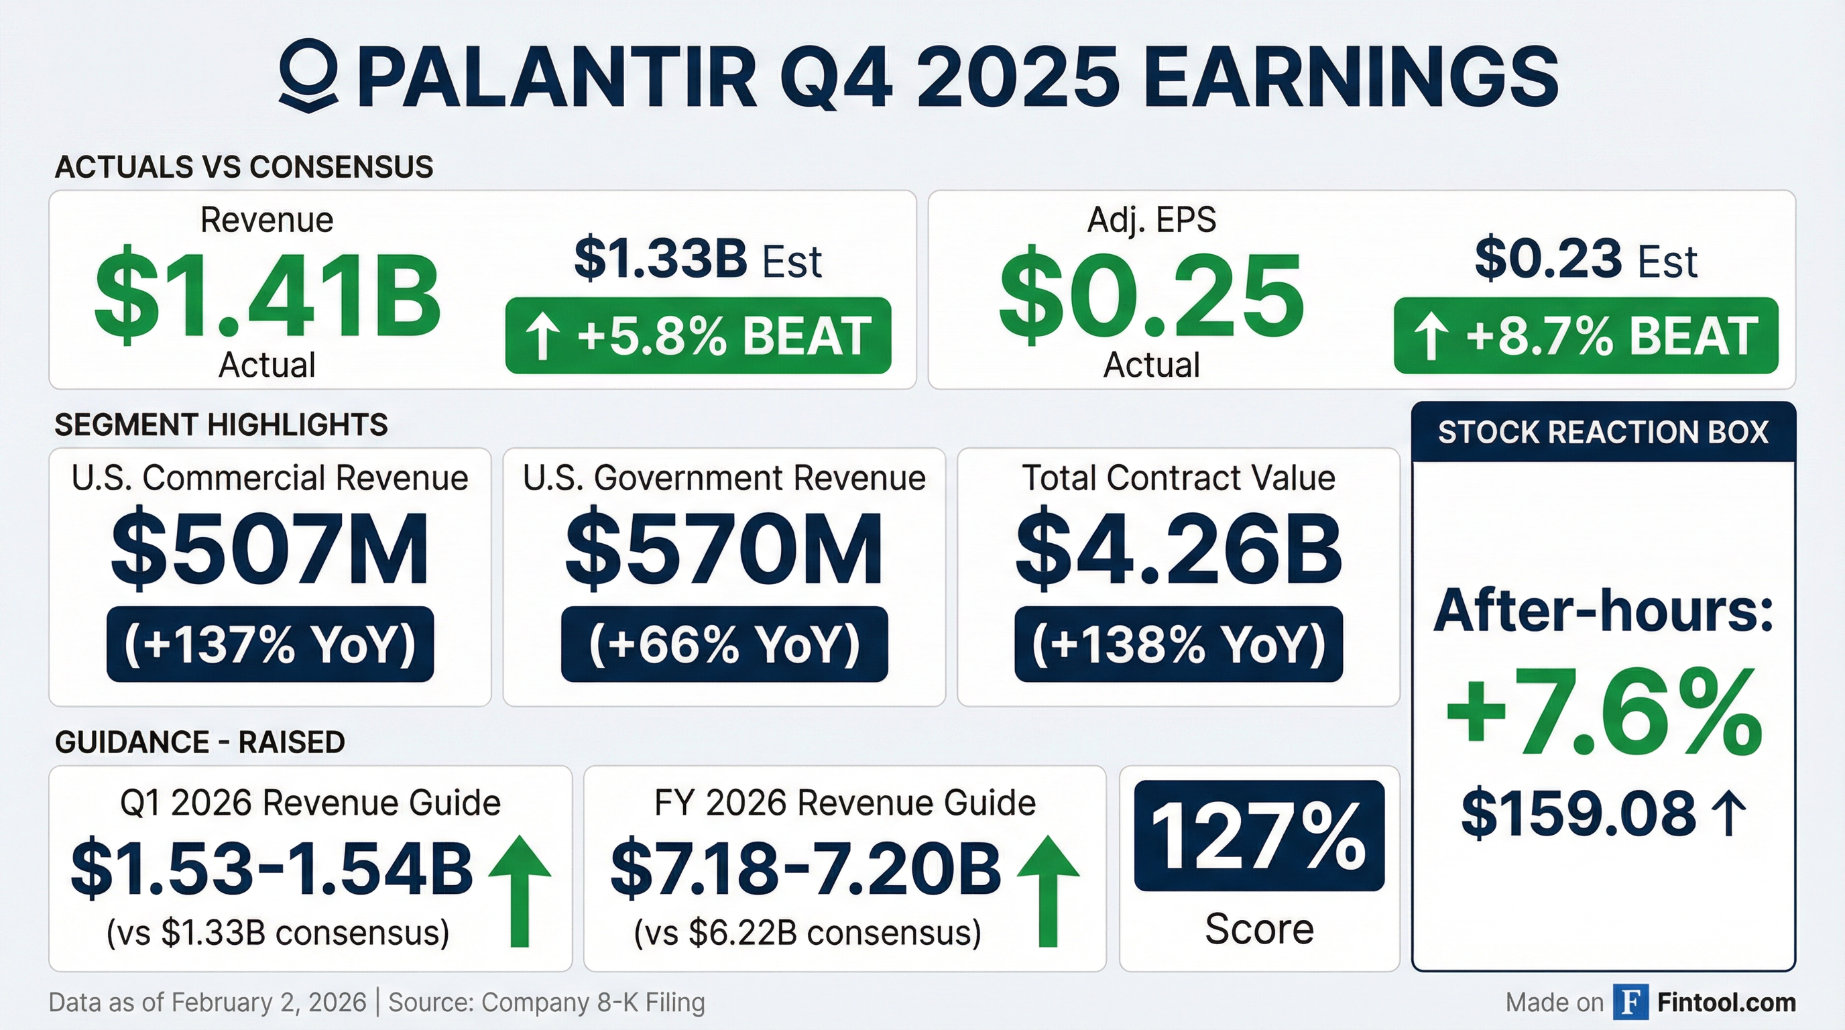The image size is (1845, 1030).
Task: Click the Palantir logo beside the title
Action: pyautogui.click(x=308, y=75)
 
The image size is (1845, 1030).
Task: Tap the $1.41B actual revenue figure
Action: pyautogui.click(x=266, y=294)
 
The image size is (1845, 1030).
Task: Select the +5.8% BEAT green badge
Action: pyautogui.click(x=699, y=335)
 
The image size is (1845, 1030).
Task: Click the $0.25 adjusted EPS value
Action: pyautogui.click(x=1151, y=294)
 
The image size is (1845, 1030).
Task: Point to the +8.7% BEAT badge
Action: pyautogui.click(x=1586, y=335)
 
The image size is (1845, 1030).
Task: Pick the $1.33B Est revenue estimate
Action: pyautogui.click(x=698, y=260)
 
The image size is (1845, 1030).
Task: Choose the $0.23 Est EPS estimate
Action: pyautogui.click(x=1586, y=260)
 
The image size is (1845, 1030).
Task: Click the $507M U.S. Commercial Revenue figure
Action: pyautogui.click(x=270, y=550)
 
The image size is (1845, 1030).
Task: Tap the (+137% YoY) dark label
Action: pyautogui.click(x=270, y=644)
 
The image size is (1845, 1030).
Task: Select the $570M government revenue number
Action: pyautogui.click(x=724, y=550)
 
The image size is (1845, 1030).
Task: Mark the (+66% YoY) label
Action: pyautogui.click(x=724, y=644)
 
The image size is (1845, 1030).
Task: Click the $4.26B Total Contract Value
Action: pyautogui.click(x=1178, y=550)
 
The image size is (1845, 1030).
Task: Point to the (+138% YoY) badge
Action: pyautogui.click(x=1178, y=644)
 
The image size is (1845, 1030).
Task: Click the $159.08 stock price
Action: pyautogui.click(x=1579, y=813)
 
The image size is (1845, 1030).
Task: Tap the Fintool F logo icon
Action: pyautogui.click(x=1631, y=1002)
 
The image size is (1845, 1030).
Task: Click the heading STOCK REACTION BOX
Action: pyautogui.click(x=1603, y=433)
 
